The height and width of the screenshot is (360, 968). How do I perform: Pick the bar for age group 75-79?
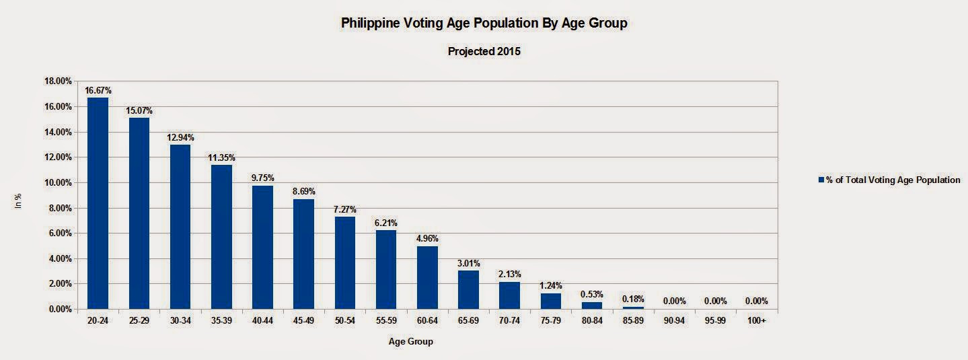(550, 301)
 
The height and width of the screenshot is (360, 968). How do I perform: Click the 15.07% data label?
(139, 110)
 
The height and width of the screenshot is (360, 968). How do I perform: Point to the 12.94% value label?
(180, 137)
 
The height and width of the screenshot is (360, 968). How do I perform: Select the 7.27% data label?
(344, 209)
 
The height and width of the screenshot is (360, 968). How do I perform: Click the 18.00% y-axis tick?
(57, 81)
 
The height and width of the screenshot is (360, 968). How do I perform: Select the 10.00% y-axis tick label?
(57, 183)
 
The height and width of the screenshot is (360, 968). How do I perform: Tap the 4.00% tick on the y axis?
(59, 259)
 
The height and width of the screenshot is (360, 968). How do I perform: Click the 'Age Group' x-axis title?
(411, 342)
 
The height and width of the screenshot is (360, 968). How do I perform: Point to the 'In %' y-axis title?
(19, 201)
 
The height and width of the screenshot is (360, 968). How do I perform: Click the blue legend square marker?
(821, 180)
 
